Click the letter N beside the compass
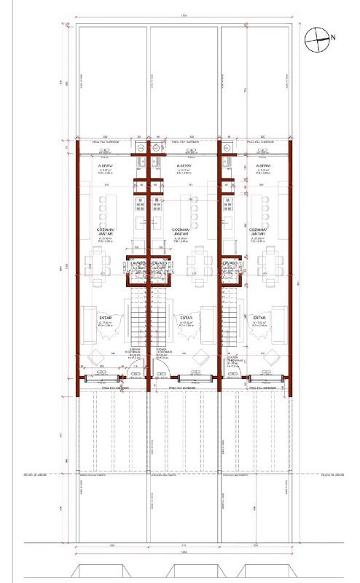click(x=332, y=36)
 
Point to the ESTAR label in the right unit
click(x=260, y=318)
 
